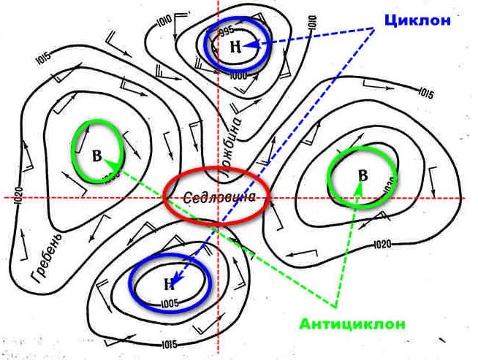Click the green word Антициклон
point(352,323)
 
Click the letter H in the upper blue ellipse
point(235,46)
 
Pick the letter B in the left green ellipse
point(96,156)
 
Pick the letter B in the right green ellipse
point(363,175)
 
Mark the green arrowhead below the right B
point(358,187)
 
